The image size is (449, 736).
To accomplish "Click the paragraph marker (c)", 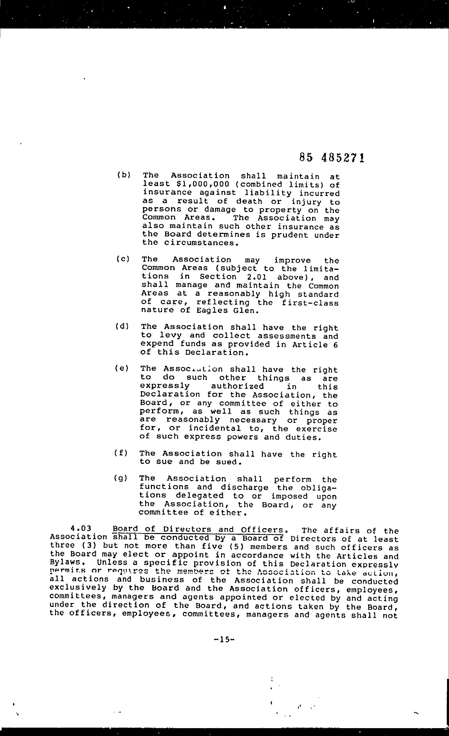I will pos(123,259).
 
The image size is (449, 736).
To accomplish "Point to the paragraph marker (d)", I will pos(122,326).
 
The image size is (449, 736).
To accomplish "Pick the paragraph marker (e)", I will pos(121,368).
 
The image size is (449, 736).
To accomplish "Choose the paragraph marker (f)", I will pos(121,453).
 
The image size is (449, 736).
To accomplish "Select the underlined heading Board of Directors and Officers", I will pos(198,530).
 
